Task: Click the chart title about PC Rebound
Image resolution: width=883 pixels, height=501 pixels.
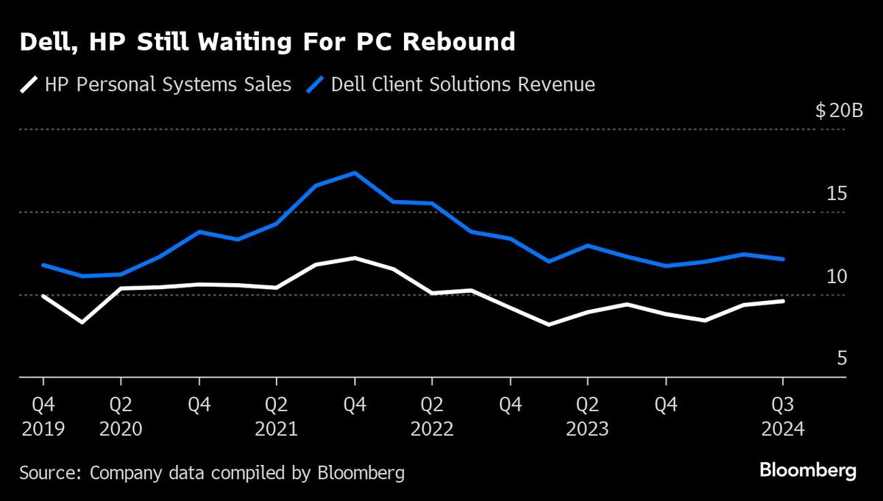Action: [x=267, y=43]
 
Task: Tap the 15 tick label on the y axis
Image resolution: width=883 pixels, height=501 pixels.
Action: [x=836, y=194]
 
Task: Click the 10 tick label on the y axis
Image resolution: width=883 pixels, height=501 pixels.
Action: [x=836, y=277]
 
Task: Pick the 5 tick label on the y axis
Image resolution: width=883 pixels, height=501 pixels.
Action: [x=842, y=359]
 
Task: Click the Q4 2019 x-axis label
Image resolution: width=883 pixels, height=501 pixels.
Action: [x=43, y=416]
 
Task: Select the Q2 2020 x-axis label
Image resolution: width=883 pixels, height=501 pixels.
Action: [x=121, y=416]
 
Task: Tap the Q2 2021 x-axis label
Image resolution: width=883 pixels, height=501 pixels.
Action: [x=277, y=416]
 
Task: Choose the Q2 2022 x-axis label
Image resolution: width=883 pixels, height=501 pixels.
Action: [x=432, y=416]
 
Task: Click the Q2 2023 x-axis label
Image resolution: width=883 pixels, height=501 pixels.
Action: [x=587, y=416]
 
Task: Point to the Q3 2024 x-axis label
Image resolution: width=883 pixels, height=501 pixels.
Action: [x=783, y=416]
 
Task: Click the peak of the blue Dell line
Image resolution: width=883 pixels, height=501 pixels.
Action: [x=355, y=173]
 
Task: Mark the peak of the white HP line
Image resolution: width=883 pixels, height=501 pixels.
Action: [x=355, y=258]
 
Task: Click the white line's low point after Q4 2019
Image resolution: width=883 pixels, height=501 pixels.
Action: [x=82, y=322]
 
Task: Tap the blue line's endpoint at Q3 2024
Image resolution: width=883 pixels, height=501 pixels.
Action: [x=783, y=259]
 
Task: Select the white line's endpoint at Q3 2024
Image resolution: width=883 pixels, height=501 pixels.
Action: [x=783, y=301]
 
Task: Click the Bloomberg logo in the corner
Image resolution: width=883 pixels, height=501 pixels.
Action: [x=807, y=470]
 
